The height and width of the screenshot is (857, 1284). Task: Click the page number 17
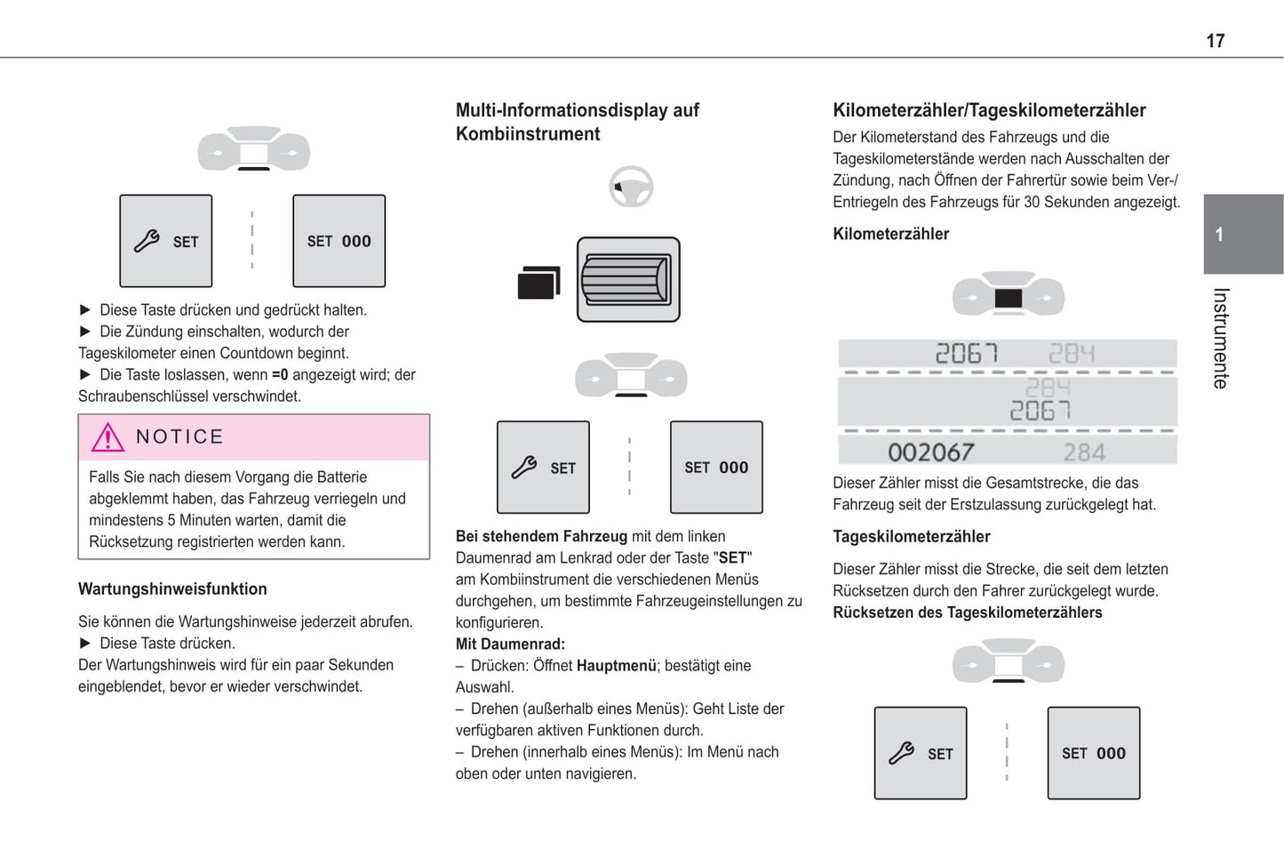pyautogui.click(x=1215, y=41)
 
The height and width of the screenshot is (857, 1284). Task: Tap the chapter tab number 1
pyautogui.click(x=1219, y=235)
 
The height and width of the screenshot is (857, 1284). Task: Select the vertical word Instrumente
pyautogui.click(x=1221, y=338)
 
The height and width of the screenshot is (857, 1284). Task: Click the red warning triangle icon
pyautogui.click(x=108, y=437)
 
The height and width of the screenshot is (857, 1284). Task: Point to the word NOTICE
pyautogui.click(x=179, y=437)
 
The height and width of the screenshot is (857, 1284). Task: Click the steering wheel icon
pyautogui.click(x=631, y=187)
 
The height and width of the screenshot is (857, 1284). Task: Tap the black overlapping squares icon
pyautogui.click(x=538, y=283)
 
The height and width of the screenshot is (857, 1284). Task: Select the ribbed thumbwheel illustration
pyautogui.click(x=628, y=279)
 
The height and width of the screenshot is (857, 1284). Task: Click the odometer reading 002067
pyautogui.click(x=930, y=453)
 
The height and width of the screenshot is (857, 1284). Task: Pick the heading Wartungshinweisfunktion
pyautogui.click(x=172, y=589)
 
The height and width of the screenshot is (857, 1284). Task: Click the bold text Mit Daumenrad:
pyautogui.click(x=510, y=644)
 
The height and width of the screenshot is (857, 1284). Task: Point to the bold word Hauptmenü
pyautogui.click(x=616, y=665)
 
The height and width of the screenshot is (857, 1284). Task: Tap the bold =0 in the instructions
pyautogui.click(x=280, y=374)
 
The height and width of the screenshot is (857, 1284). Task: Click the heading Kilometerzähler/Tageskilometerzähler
pyautogui.click(x=989, y=110)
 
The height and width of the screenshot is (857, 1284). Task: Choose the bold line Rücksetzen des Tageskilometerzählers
pyautogui.click(x=967, y=613)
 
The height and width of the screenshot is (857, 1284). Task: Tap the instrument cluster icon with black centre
pyautogui.click(x=1009, y=296)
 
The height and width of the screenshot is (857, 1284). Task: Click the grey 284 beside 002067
pyautogui.click(x=1084, y=453)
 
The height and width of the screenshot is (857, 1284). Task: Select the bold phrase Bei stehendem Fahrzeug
pyautogui.click(x=541, y=536)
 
